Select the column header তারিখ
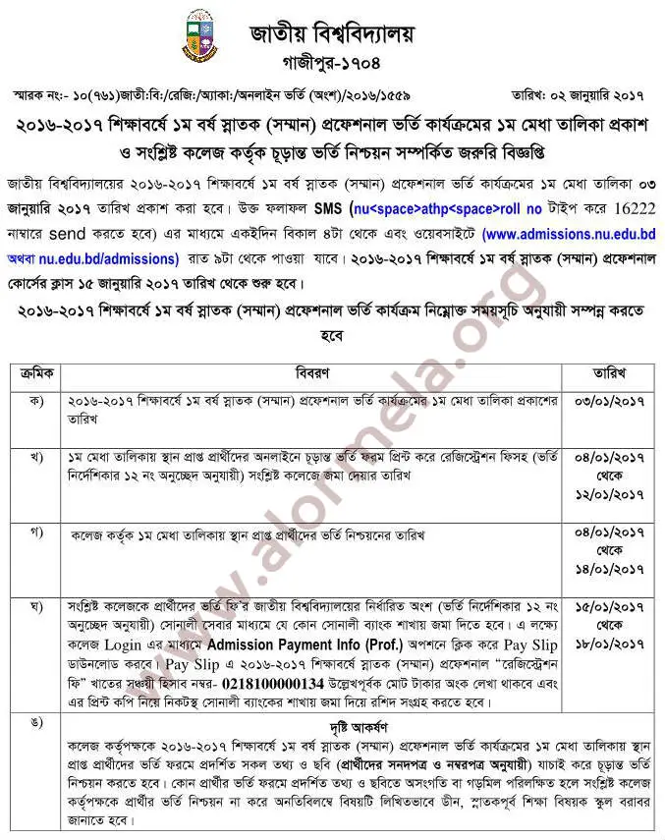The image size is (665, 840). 610,373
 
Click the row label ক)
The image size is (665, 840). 37,402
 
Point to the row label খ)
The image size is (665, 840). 37,458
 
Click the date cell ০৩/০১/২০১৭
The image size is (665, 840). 609,403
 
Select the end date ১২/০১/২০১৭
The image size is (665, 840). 609,493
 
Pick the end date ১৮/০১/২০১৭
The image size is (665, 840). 609,644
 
